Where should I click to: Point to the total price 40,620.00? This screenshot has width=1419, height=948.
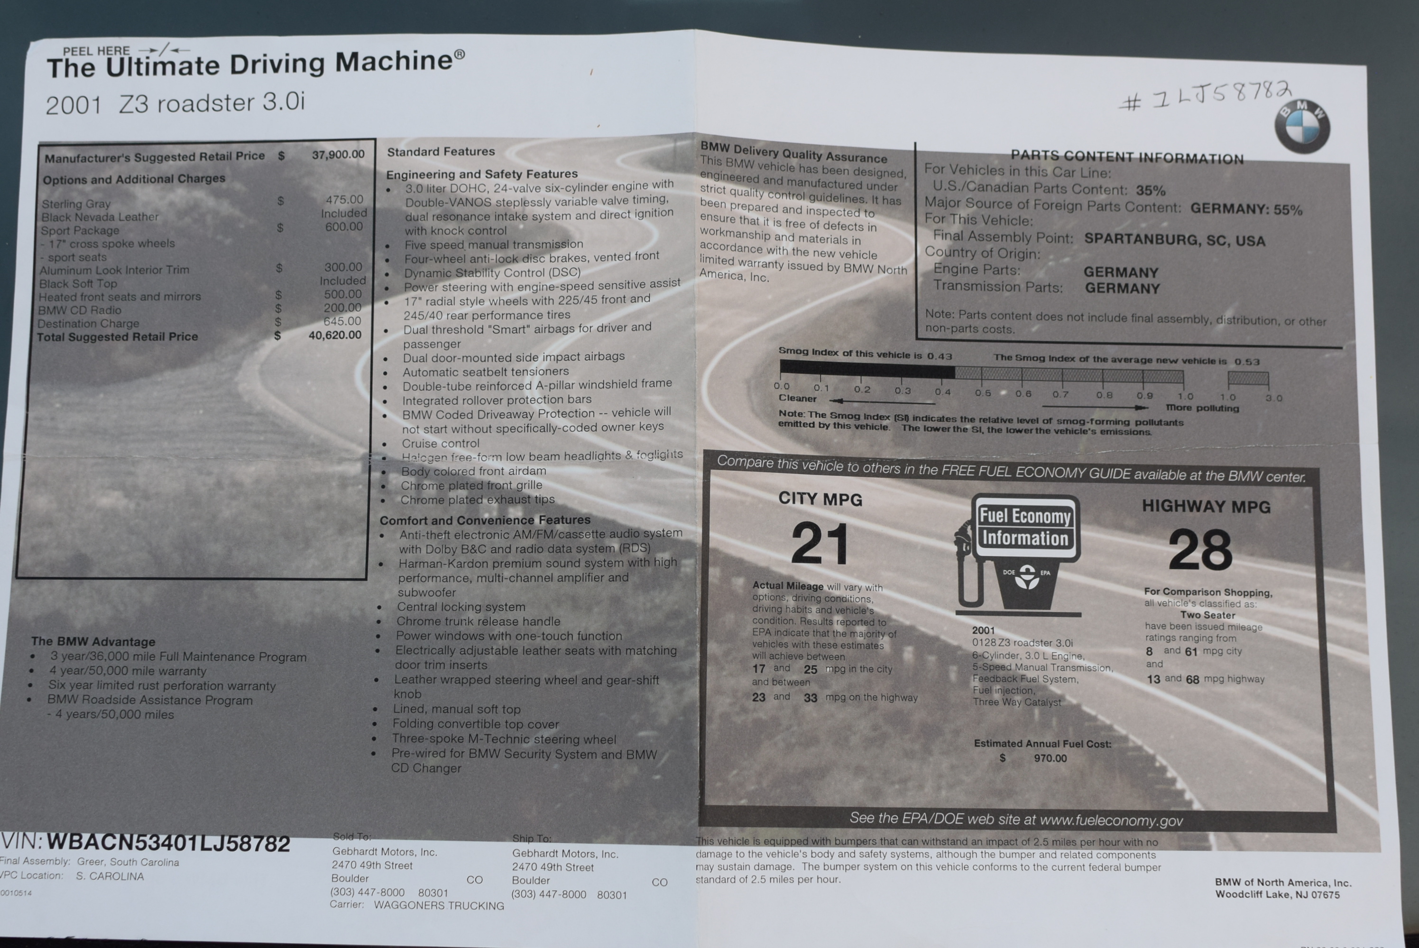click(x=335, y=335)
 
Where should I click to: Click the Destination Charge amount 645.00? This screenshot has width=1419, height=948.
click(x=342, y=321)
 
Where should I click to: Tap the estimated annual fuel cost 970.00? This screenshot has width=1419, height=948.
click(x=1050, y=758)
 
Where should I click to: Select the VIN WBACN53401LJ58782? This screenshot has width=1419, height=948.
click(x=168, y=843)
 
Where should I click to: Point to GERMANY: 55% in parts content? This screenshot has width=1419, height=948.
click(x=1246, y=209)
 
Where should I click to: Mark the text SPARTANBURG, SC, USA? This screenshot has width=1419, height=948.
click(x=1175, y=239)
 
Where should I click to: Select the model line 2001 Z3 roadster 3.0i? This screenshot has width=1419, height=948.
click(x=175, y=103)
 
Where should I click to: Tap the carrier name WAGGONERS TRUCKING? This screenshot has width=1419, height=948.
click(x=439, y=905)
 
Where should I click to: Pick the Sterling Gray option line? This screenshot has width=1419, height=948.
click(x=76, y=204)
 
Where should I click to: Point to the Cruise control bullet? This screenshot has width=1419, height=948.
click(x=440, y=443)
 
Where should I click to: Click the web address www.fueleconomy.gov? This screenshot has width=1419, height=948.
click(x=1111, y=820)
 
